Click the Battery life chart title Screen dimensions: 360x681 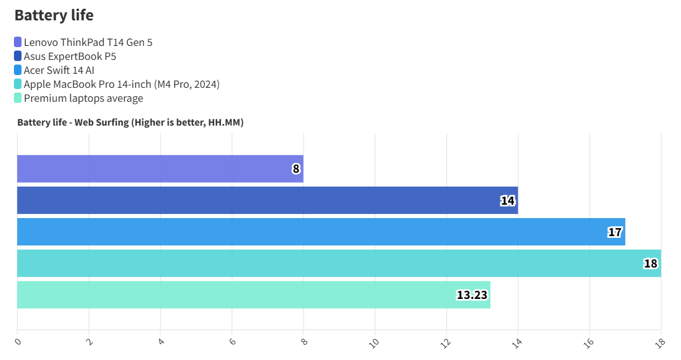pos(54,16)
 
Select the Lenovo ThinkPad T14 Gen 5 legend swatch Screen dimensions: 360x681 pos(18,42)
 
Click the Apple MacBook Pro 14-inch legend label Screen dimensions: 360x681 pos(122,84)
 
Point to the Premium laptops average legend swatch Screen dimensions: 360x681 pos(18,98)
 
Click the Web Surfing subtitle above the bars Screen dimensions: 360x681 pos(130,122)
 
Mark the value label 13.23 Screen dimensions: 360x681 pos(472,295)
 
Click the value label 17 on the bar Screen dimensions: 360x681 pos(615,232)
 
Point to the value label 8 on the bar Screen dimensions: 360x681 pos(296,169)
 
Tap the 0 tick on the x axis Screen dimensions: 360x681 pos(18,341)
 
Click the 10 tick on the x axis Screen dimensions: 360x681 pos(375,343)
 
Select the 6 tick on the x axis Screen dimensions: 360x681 pos(232,341)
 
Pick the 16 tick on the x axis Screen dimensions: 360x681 pos(589,343)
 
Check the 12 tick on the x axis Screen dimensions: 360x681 pos(446,343)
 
